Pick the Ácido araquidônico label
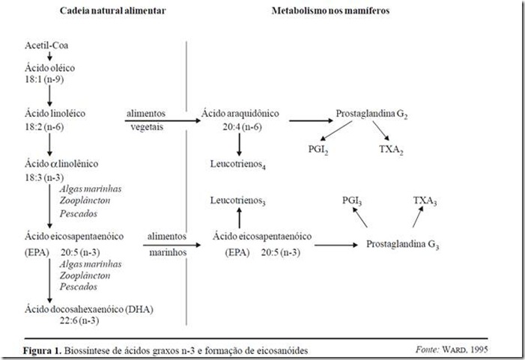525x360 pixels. (240, 113)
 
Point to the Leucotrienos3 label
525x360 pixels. (240, 201)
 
